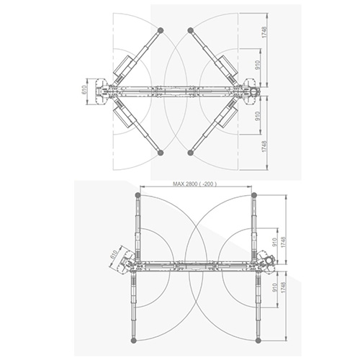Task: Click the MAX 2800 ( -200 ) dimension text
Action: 194,184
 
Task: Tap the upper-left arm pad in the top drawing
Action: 161,30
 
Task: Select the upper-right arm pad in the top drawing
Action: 191,30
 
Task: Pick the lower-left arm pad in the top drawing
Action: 161,152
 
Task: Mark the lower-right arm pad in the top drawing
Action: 191,152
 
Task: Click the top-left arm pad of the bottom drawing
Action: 138,195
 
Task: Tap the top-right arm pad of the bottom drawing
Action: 253,195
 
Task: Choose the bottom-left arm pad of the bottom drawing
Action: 134,340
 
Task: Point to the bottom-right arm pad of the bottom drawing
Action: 258,340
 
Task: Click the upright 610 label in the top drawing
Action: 84,91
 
